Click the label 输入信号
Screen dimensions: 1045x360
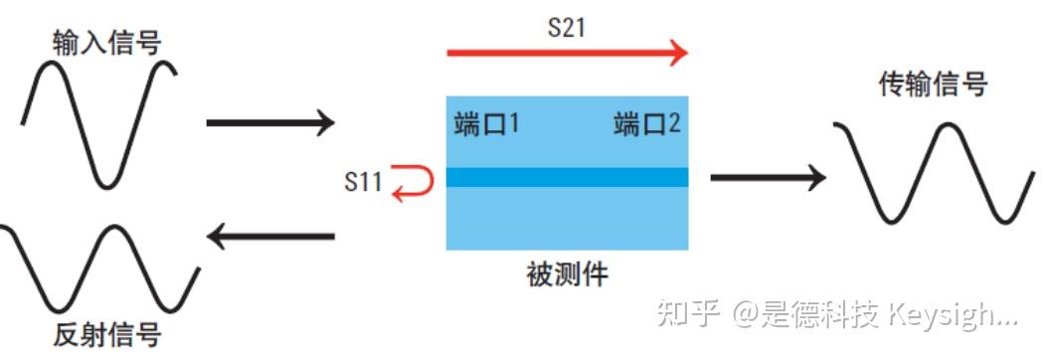click(106, 42)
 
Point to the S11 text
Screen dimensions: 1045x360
click(363, 182)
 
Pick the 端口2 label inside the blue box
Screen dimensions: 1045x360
click(647, 125)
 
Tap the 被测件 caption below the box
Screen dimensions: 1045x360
click(567, 273)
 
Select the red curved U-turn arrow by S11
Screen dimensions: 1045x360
click(412, 183)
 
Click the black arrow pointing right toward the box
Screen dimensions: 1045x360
click(269, 123)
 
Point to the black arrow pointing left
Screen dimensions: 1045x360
click(269, 237)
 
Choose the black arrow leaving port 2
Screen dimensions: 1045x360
click(768, 178)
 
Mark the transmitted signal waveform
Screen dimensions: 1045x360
click(932, 174)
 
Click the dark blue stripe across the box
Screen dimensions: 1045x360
click(567, 178)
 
